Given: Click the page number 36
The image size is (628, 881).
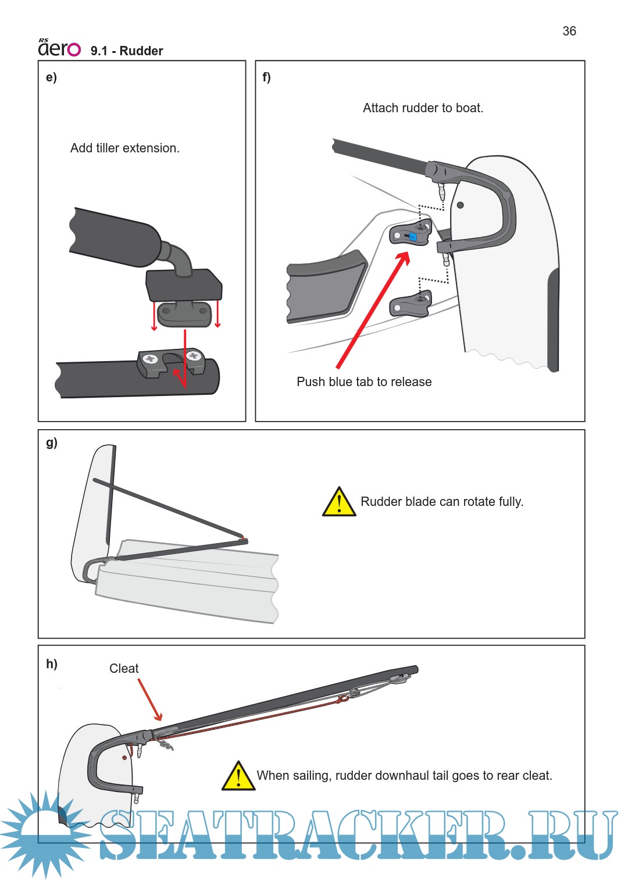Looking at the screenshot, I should tap(569, 31).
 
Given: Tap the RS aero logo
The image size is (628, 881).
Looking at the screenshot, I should tap(59, 48).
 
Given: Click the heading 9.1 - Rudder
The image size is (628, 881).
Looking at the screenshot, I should tap(127, 51).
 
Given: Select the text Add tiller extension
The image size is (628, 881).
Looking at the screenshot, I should tap(125, 148).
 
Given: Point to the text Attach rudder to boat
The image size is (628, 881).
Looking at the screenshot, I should tap(423, 108).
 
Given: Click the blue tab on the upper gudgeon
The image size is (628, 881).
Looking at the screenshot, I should tap(413, 237).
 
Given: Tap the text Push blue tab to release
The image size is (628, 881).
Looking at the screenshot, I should tap(364, 382).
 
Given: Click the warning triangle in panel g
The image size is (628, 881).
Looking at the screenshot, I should tap(339, 502).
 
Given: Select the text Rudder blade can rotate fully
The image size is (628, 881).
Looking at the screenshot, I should tap(442, 502).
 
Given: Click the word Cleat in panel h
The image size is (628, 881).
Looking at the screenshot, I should tap(124, 669).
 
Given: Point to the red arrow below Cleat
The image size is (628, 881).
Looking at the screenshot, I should tap(150, 700).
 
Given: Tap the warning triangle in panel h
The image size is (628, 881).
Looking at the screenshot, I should tap(238, 776).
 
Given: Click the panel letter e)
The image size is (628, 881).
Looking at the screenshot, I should tap(52, 77).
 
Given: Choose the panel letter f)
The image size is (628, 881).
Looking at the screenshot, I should tap(267, 77).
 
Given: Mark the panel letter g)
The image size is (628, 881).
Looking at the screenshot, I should tap(52, 443).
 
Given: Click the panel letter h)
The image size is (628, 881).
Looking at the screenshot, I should tap(52, 664).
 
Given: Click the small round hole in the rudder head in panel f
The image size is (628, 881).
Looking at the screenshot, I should tap(461, 205).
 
